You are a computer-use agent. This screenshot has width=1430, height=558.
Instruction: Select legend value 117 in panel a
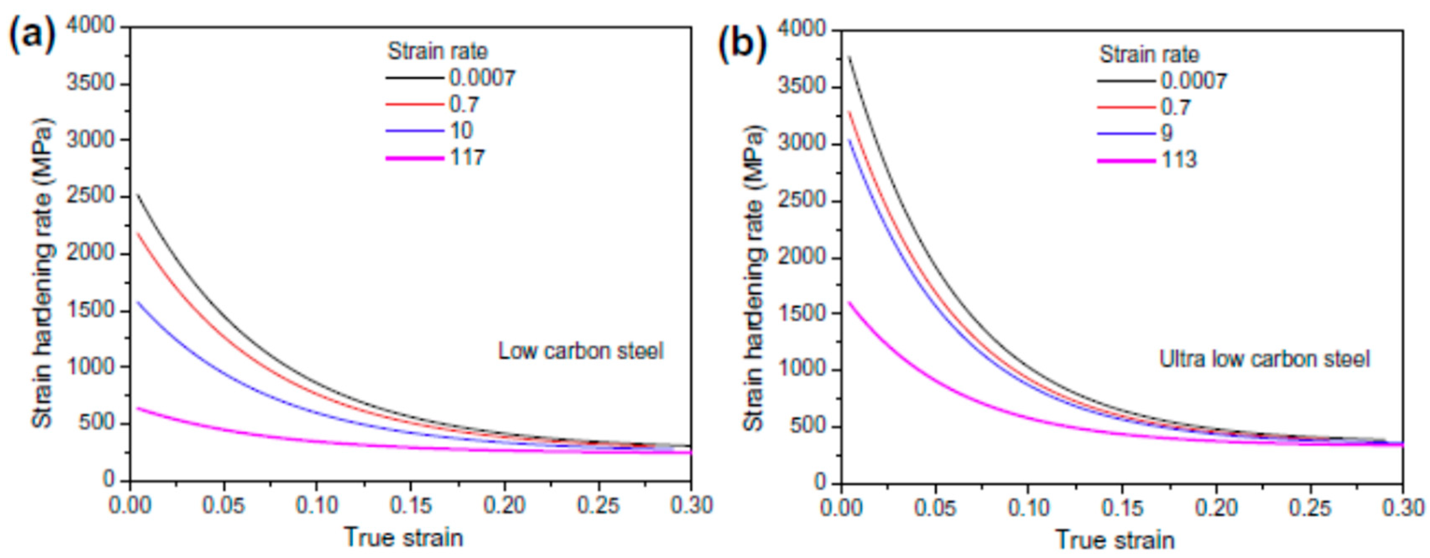[x=467, y=158]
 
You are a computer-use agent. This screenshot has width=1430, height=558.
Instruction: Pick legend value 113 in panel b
[x=1179, y=160]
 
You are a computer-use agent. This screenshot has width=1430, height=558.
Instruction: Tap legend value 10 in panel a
[x=461, y=131]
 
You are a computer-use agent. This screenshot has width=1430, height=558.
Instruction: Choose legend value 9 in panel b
[x=1167, y=133]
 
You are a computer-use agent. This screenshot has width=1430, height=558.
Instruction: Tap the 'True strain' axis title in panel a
[x=404, y=537]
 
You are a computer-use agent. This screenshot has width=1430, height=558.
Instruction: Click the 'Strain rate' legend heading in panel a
[x=438, y=51]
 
